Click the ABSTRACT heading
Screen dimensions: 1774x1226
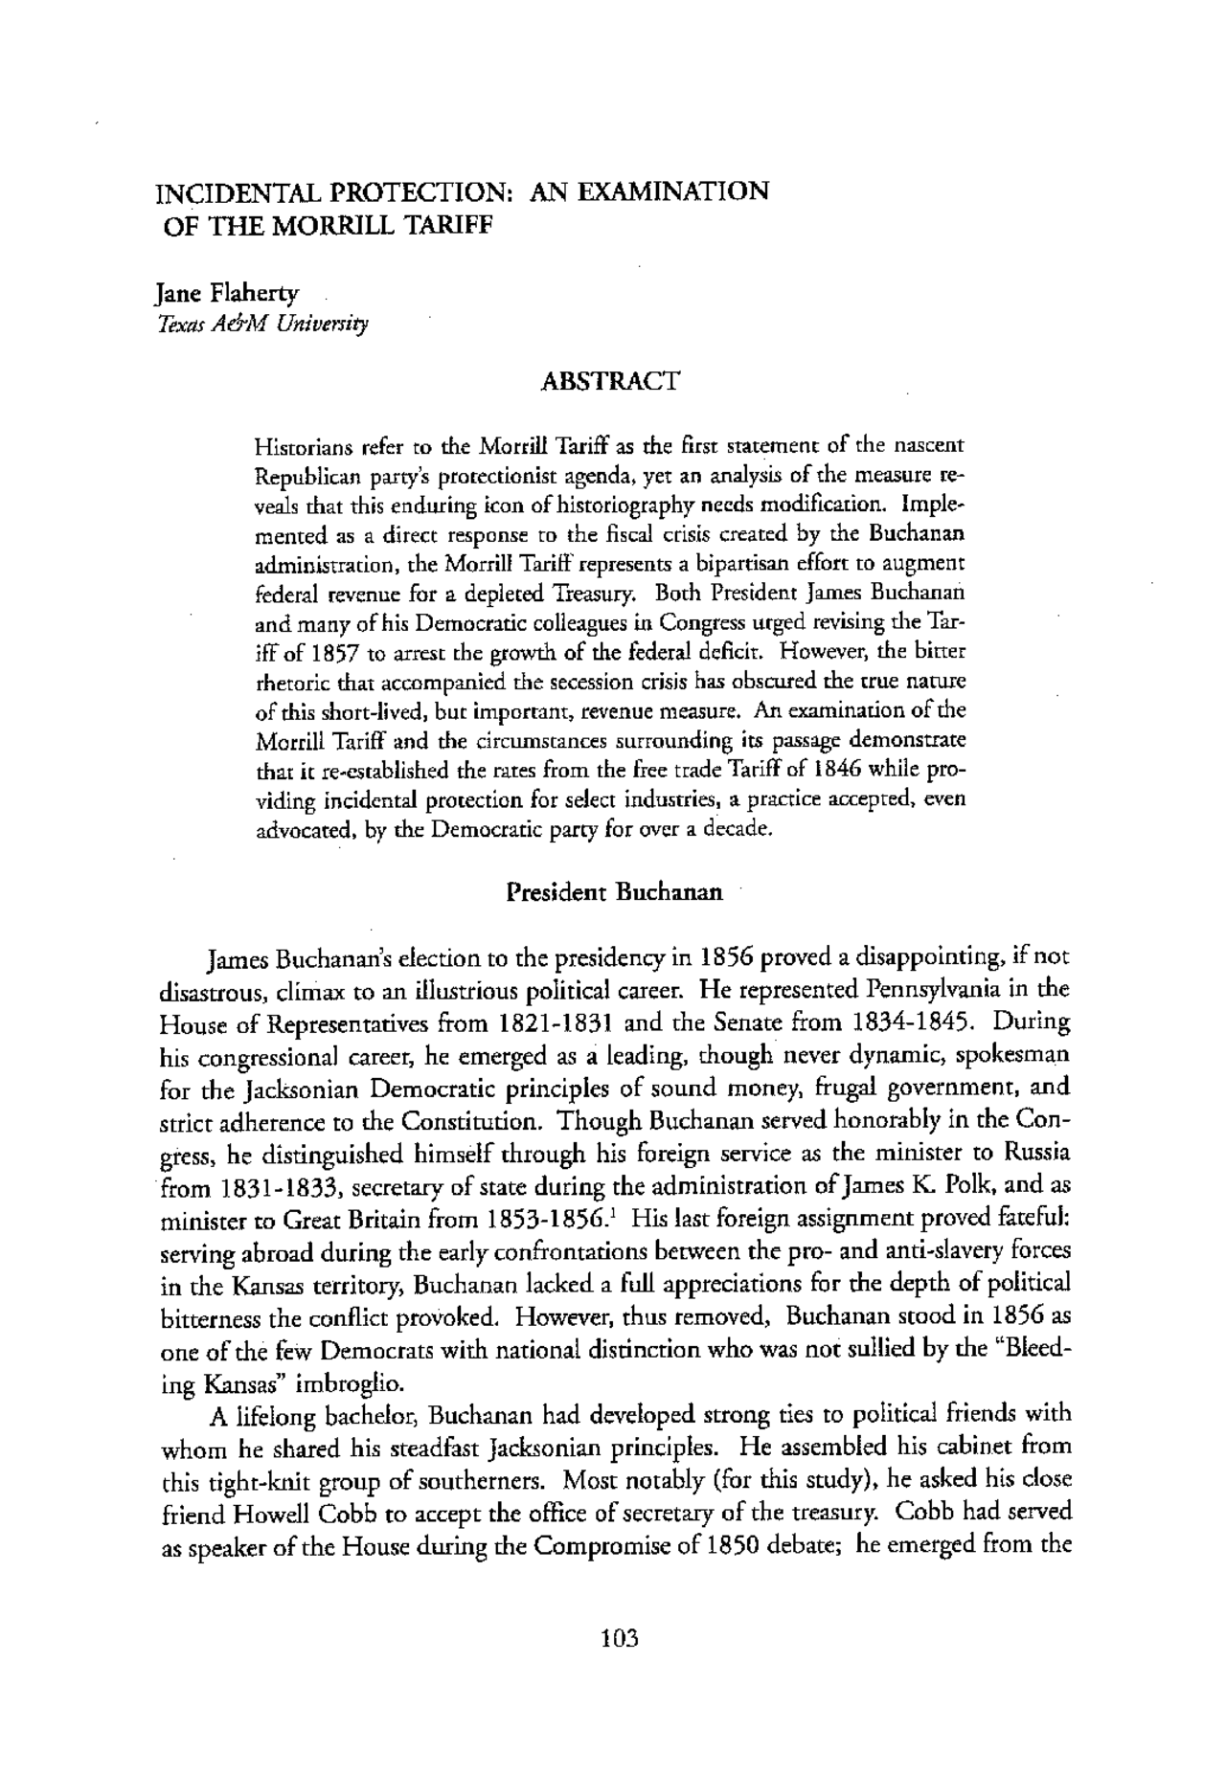coord(610,381)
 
